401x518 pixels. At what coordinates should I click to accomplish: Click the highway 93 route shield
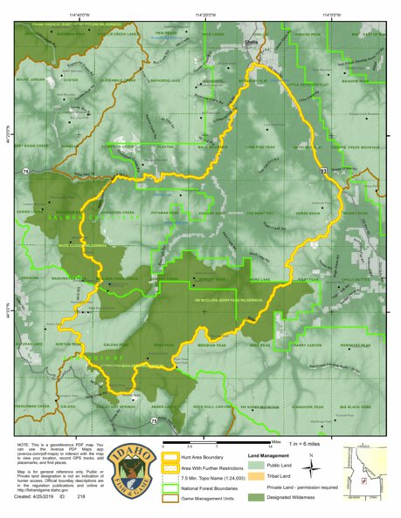point(323,173)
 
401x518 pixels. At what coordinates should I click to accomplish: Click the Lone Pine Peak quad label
point(261,147)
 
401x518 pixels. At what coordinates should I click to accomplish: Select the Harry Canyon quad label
point(308,344)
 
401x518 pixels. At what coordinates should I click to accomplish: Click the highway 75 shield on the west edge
point(27,172)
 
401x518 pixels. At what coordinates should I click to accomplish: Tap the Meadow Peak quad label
point(355,80)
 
